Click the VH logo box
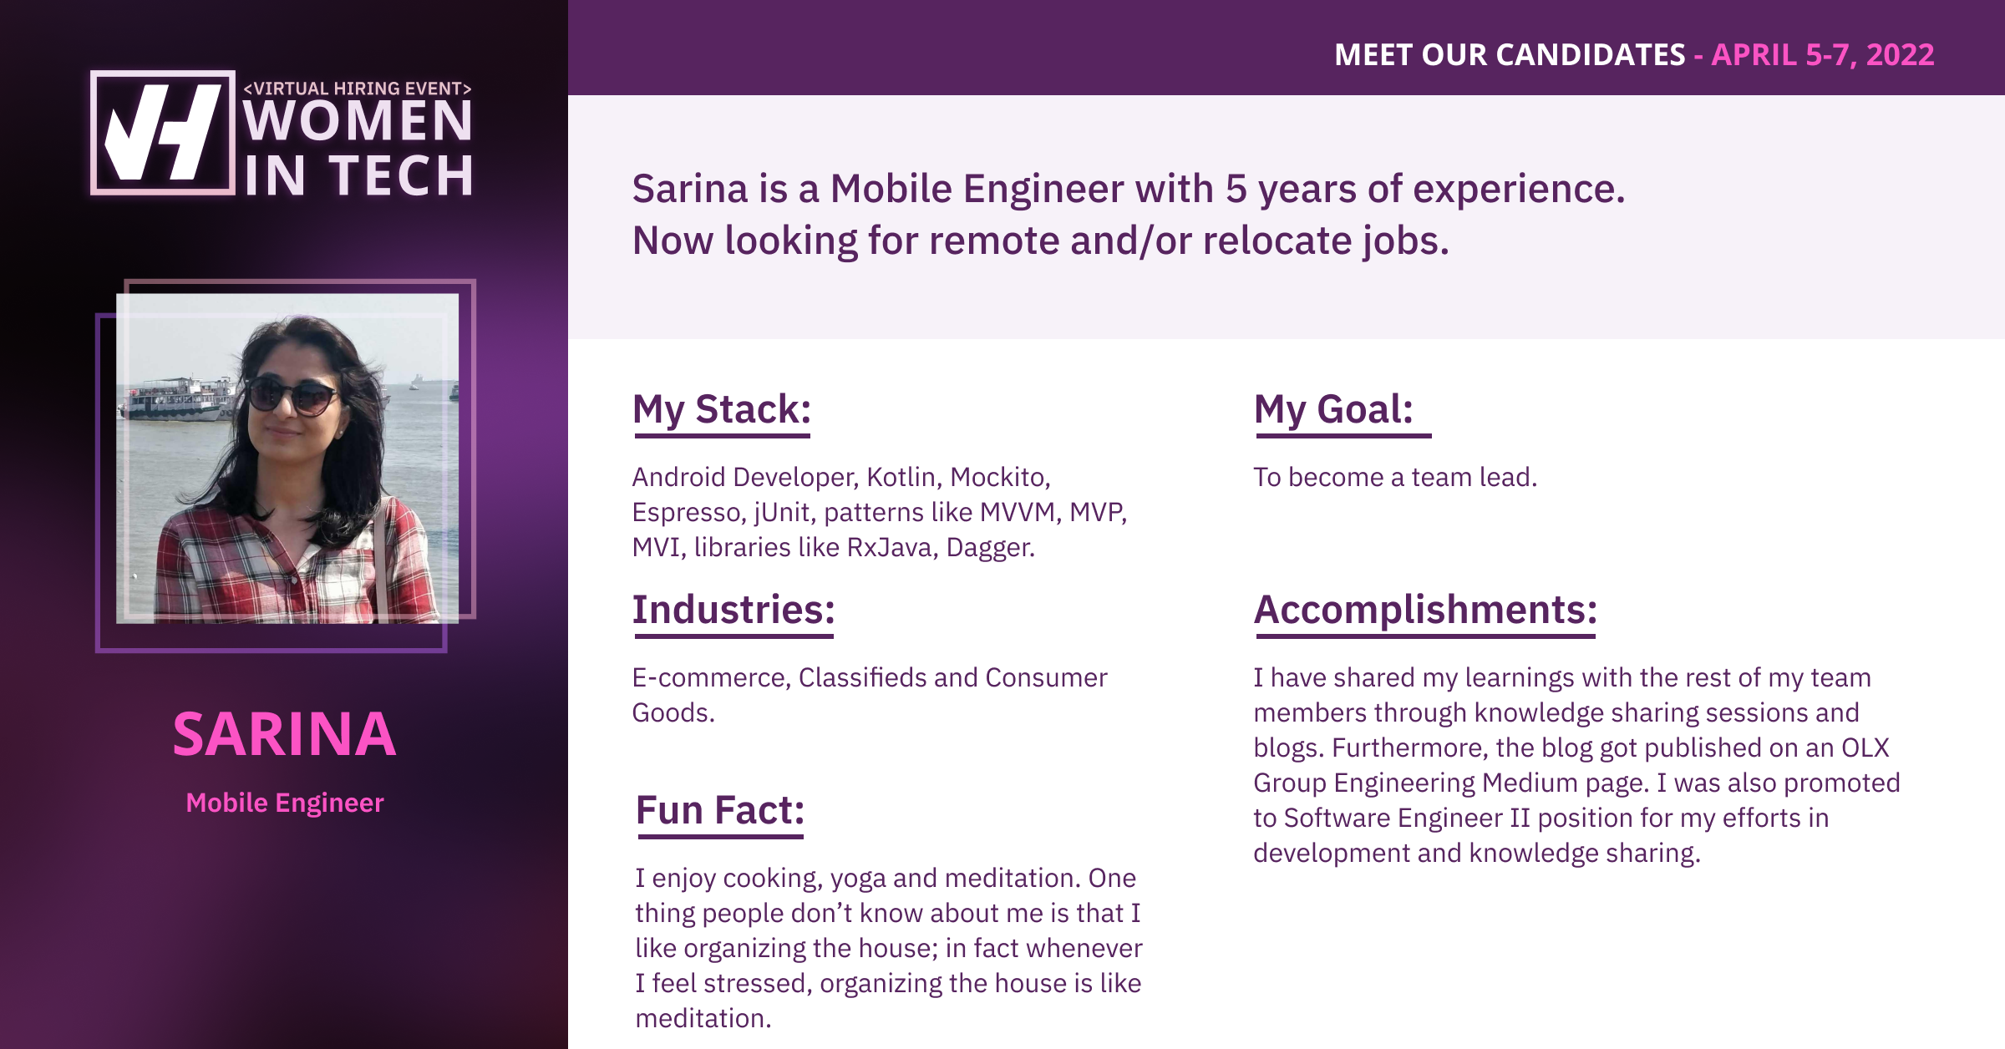(162, 133)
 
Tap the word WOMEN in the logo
(358, 121)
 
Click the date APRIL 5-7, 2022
(1823, 55)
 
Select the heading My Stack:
(722, 409)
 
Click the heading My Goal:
(1333, 409)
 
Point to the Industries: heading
(733, 610)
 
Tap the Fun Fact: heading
(719, 810)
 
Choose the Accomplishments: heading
(1425, 610)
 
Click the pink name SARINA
(284, 735)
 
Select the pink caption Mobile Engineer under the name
(285, 803)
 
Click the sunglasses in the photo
(292, 395)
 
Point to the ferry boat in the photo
(177, 398)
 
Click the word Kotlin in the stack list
(901, 477)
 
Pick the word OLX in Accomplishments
(1865, 747)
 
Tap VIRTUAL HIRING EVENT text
(358, 89)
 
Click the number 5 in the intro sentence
(1236, 189)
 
